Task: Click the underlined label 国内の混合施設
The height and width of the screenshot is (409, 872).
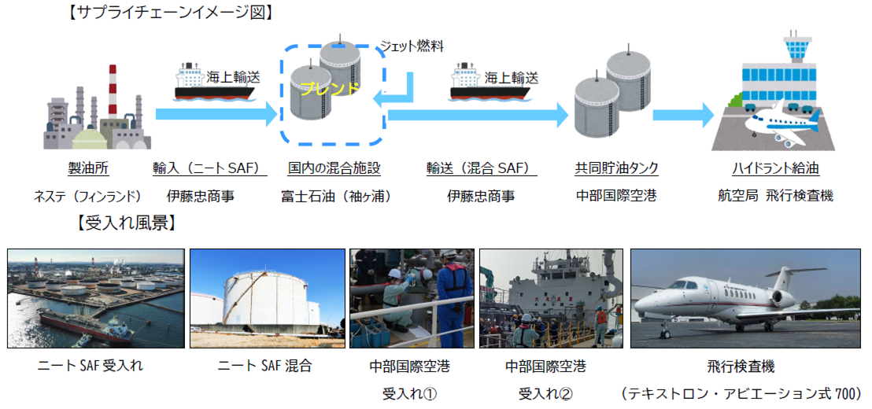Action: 334,168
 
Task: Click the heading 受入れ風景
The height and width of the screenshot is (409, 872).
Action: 127,223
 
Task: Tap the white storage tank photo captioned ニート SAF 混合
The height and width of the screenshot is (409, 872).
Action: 268,298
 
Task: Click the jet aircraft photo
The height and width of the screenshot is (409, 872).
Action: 745,298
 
